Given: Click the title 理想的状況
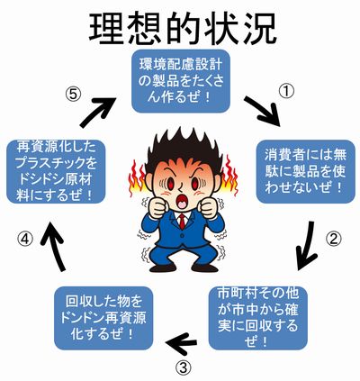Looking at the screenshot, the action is [x=182, y=29].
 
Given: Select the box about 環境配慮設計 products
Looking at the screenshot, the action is [x=181, y=81].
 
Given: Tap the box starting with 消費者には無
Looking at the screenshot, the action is [x=305, y=171].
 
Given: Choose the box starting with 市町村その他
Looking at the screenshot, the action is [x=258, y=318].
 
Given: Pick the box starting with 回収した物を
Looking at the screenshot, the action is [x=103, y=318].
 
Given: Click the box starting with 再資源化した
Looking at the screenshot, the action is [x=56, y=171].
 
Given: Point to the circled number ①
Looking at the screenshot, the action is [x=286, y=92].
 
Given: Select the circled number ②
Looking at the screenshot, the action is [x=334, y=240].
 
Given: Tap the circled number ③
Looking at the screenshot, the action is [x=183, y=367].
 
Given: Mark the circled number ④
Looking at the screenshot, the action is [x=24, y=240].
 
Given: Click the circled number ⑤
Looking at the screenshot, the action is [x=73, y=95].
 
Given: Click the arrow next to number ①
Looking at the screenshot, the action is [x=263, y=111].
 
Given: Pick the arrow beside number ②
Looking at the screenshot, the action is [x=307, y=246].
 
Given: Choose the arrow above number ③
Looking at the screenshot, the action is [x=181, y=342].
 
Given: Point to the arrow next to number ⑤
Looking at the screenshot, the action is [x=97, y=112].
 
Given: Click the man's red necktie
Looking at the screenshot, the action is [x=182, y=222].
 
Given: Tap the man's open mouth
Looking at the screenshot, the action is [x=182, y=203].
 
